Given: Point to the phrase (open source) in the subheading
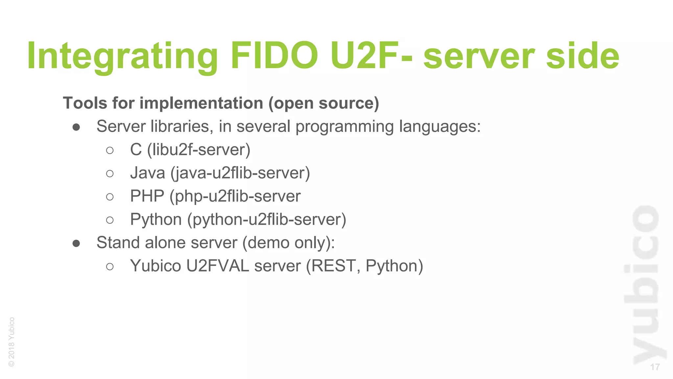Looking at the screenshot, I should [x=324, y=103].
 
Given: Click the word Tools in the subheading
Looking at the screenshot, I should [x=85, y=103].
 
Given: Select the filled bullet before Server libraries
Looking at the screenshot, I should [x=76, y=127].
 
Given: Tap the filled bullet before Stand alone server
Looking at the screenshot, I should [x=76, y=243].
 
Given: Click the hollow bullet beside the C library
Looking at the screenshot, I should [x=110, y=150].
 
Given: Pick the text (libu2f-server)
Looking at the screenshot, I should [x=198, y=150].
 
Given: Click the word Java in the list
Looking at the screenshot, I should [x=148, y=173].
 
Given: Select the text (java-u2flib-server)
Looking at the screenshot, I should [x=240, y=173].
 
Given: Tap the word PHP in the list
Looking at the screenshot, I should [x=147, y=196].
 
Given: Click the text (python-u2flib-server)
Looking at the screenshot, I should [x=267, y=219].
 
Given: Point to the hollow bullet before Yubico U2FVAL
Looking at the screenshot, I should [x=110, y=266].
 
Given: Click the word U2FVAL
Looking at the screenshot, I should [x=218, y=266].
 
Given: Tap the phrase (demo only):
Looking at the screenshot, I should [x=289, y=243].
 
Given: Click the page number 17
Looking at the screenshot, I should [x=655, y=367].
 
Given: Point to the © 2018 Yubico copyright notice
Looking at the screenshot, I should [x=12, y=342].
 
